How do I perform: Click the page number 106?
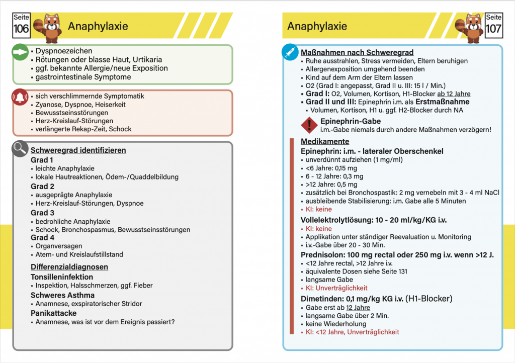[x=21, y=28]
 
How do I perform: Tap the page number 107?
[x=493, y=28]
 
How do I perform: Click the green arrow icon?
[x=20, y=52]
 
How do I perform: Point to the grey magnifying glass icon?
[x=20, y=149]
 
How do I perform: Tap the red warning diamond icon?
[x=308, y=125]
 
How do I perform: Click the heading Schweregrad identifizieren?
[x=78, y=150]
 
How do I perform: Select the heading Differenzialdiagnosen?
[x=69, y=266]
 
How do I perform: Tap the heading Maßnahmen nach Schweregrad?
[x=357, y=52]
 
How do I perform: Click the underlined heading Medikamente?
[x=325, y=141]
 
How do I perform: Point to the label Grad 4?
[x=42, y=237]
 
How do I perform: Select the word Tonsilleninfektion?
[x=62, y=277]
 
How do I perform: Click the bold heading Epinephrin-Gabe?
[x=351, y=121]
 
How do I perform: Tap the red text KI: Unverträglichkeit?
[x=336, y=288]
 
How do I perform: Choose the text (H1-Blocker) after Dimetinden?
[x=429, y=298]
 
